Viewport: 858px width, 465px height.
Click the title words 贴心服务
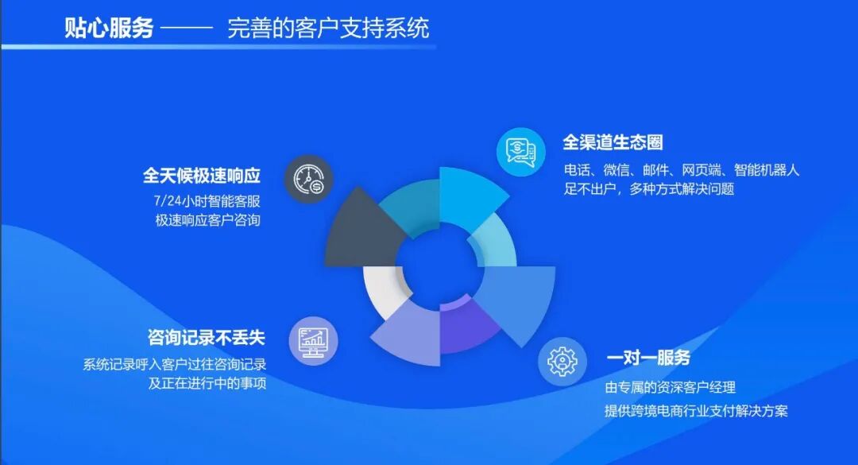(x=109, y=29)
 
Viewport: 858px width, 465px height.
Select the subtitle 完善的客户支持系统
(x=328, y=29)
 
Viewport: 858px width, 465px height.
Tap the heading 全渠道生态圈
(x=613, y=143)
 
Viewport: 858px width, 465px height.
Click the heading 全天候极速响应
(x=202, y=175)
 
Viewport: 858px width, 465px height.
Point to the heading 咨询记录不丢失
(x=206, y=337)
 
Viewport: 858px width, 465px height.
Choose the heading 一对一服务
(x=648, y=358)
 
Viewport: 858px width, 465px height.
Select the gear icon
(x=562, y=362)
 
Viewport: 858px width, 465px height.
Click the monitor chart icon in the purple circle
(x=313, y=341)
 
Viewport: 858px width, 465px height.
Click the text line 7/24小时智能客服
(x=207, y=200)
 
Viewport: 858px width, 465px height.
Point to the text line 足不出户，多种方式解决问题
(x=649, y=189)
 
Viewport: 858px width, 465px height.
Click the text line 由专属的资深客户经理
(x=670, y=387)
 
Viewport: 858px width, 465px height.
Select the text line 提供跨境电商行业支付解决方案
(x=696, y=411)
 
